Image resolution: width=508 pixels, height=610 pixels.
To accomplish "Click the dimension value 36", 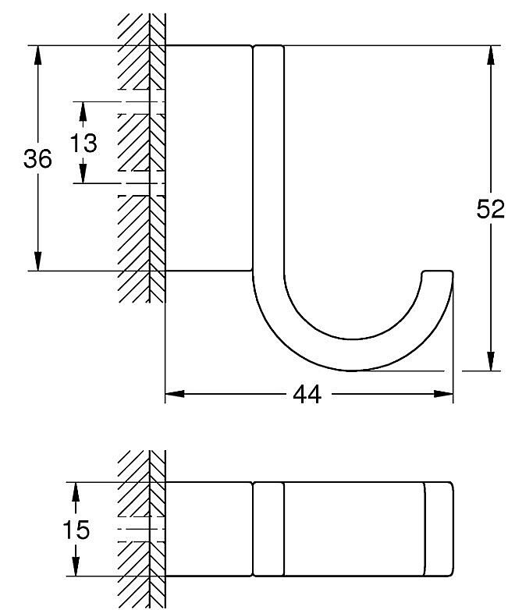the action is pyautogui.click(x=37, y=158).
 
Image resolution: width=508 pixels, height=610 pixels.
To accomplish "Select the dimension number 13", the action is pyautogui.click(x=83, y=143).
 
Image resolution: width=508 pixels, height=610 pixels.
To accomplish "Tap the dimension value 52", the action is pyautogui.click(x=491, y=209).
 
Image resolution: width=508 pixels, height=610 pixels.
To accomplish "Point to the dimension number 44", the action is pyautogui.click(x=307, y=395).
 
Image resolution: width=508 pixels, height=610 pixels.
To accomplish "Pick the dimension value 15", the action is pyautogui.click(x=76, y=530).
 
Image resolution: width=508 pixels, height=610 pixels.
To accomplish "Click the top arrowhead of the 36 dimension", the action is pyautogui.click(x=37, y=55).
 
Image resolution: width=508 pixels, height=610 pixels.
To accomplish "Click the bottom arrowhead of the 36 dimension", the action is pyautogui.click(x=37, y=261).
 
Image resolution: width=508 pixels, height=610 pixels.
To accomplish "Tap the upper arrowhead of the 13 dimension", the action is pyautogui.click(x=83, y=111).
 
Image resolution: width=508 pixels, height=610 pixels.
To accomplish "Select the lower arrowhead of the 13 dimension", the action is pyautogui.click(x=83, y=174).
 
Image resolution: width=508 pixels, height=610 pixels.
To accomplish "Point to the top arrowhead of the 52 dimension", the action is pyautogui.click(x=491, y=55).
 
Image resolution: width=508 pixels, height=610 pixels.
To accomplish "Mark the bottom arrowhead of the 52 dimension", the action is pyautogui.click(x=491, y=361).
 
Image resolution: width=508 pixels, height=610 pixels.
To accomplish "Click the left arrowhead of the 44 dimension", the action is pyautogui.click(x=175, y=394).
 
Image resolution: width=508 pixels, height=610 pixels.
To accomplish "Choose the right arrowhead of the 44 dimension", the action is pyautogui.click(x=444, y=394).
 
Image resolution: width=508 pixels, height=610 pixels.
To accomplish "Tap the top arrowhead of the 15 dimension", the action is pyautogui.click(x=76, y=491).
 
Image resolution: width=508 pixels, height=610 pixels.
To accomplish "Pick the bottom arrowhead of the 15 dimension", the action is pyautogui.click(x=76, y=566).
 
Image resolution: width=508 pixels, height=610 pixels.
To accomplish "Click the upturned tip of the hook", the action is pyautogui.click(x=438, y=271).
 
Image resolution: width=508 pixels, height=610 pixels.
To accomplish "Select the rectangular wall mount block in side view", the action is pyautogui.click(x=209, y=158).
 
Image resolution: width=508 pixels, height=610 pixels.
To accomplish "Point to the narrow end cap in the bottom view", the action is pyautogui.click(x=439, y=529).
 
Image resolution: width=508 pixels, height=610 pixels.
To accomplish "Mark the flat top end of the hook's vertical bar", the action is pyautogui.click(x=268, y=46).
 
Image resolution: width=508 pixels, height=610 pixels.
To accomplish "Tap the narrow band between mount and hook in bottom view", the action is pyautogui.click(x=268, y=529).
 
